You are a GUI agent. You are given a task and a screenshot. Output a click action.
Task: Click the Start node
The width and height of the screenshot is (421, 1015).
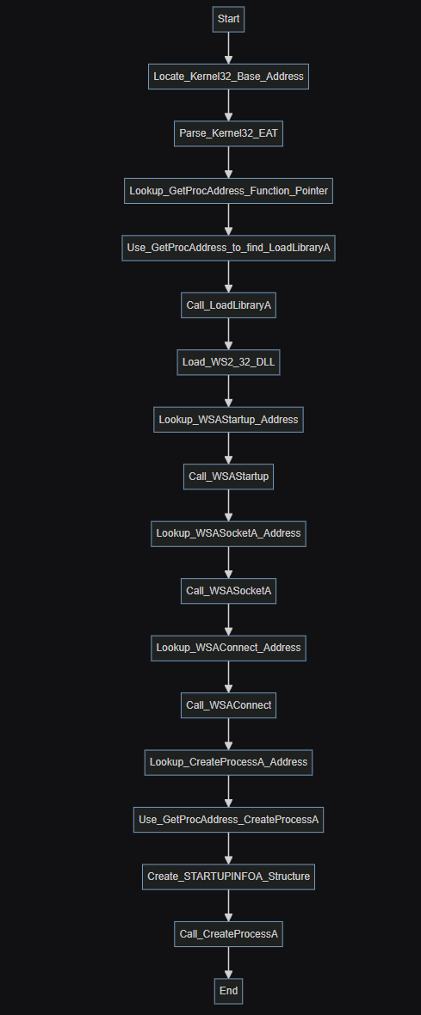(x=228, y=20)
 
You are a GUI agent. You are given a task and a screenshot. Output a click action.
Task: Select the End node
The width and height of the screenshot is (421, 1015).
(x=228, y=990)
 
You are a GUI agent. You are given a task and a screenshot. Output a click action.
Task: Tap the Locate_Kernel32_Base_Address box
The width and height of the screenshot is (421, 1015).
(x=228, y=77)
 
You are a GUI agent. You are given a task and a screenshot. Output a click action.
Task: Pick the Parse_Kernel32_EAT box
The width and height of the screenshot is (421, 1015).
(x=228, y=133)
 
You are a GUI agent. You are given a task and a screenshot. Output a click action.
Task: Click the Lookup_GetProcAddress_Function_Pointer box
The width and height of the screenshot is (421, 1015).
(x=228, y=191)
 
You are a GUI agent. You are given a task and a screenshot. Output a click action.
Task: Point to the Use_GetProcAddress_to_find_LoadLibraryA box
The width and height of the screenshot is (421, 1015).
(x=228, y=248)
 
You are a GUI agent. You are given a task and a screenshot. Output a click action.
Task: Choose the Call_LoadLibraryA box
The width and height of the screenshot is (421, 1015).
(x=228, y=304)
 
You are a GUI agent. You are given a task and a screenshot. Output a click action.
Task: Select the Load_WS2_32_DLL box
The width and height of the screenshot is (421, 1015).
(x=228, y=362)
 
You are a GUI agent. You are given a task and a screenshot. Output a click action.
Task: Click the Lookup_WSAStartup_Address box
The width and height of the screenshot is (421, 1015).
(x=228, y=420)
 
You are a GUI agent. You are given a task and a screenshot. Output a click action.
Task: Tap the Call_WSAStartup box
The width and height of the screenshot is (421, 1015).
(x=228, y=477)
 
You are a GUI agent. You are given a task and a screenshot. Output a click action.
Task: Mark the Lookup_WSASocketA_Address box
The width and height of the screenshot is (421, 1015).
(x=228, y=533)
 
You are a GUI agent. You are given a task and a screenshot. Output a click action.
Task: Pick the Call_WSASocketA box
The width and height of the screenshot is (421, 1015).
(x=228, y=590)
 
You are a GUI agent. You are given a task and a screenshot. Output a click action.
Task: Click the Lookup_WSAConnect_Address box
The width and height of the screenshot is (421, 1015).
(x=228, y=648)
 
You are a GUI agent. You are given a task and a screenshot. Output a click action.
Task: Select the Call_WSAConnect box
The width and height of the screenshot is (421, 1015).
(x=228, y=705)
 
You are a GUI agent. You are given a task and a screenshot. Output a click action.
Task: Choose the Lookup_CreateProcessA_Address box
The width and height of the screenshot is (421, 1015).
(x=228, y=762)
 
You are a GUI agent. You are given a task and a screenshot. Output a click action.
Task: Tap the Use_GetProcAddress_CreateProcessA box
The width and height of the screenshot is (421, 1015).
(x=228, y=819)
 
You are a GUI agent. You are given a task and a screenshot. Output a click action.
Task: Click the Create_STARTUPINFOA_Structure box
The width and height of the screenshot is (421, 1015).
(x=228, y=877)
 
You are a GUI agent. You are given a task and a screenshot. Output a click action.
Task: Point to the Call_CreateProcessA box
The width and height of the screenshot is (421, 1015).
(x=228, y=933)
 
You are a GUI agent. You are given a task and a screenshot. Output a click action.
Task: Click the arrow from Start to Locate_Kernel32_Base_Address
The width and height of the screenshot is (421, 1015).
(x=228, y=48)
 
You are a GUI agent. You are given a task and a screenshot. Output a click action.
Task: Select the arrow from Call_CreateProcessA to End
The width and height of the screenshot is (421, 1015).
(x=228, y=962)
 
